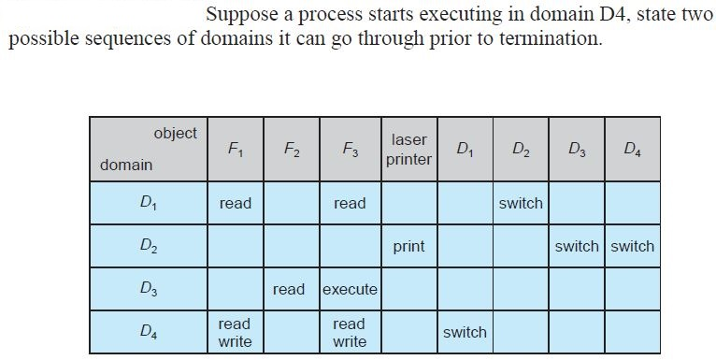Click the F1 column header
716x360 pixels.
(235, 149)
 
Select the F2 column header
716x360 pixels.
(292, 149)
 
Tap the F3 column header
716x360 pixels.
(350, 149)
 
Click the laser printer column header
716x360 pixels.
(408, 149)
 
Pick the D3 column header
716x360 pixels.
(576, 149)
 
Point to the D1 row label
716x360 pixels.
(148, 203)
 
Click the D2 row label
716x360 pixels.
(148, 246)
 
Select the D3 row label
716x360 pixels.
(148, 289)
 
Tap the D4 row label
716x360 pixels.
(148, 332)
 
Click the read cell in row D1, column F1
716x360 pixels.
(235, 203)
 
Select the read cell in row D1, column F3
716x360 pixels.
(350, 203)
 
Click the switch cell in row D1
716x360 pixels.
(521, 203)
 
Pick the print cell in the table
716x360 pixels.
(408, 247)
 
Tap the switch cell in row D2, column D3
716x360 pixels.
(576, 247)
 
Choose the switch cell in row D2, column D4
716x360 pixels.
(632, 247)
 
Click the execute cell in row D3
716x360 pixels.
(350, 290)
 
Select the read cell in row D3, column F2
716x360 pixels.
(289, 290)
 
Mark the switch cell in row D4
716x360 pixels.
(465, 332)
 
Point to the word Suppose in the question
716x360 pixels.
(238, 16)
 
